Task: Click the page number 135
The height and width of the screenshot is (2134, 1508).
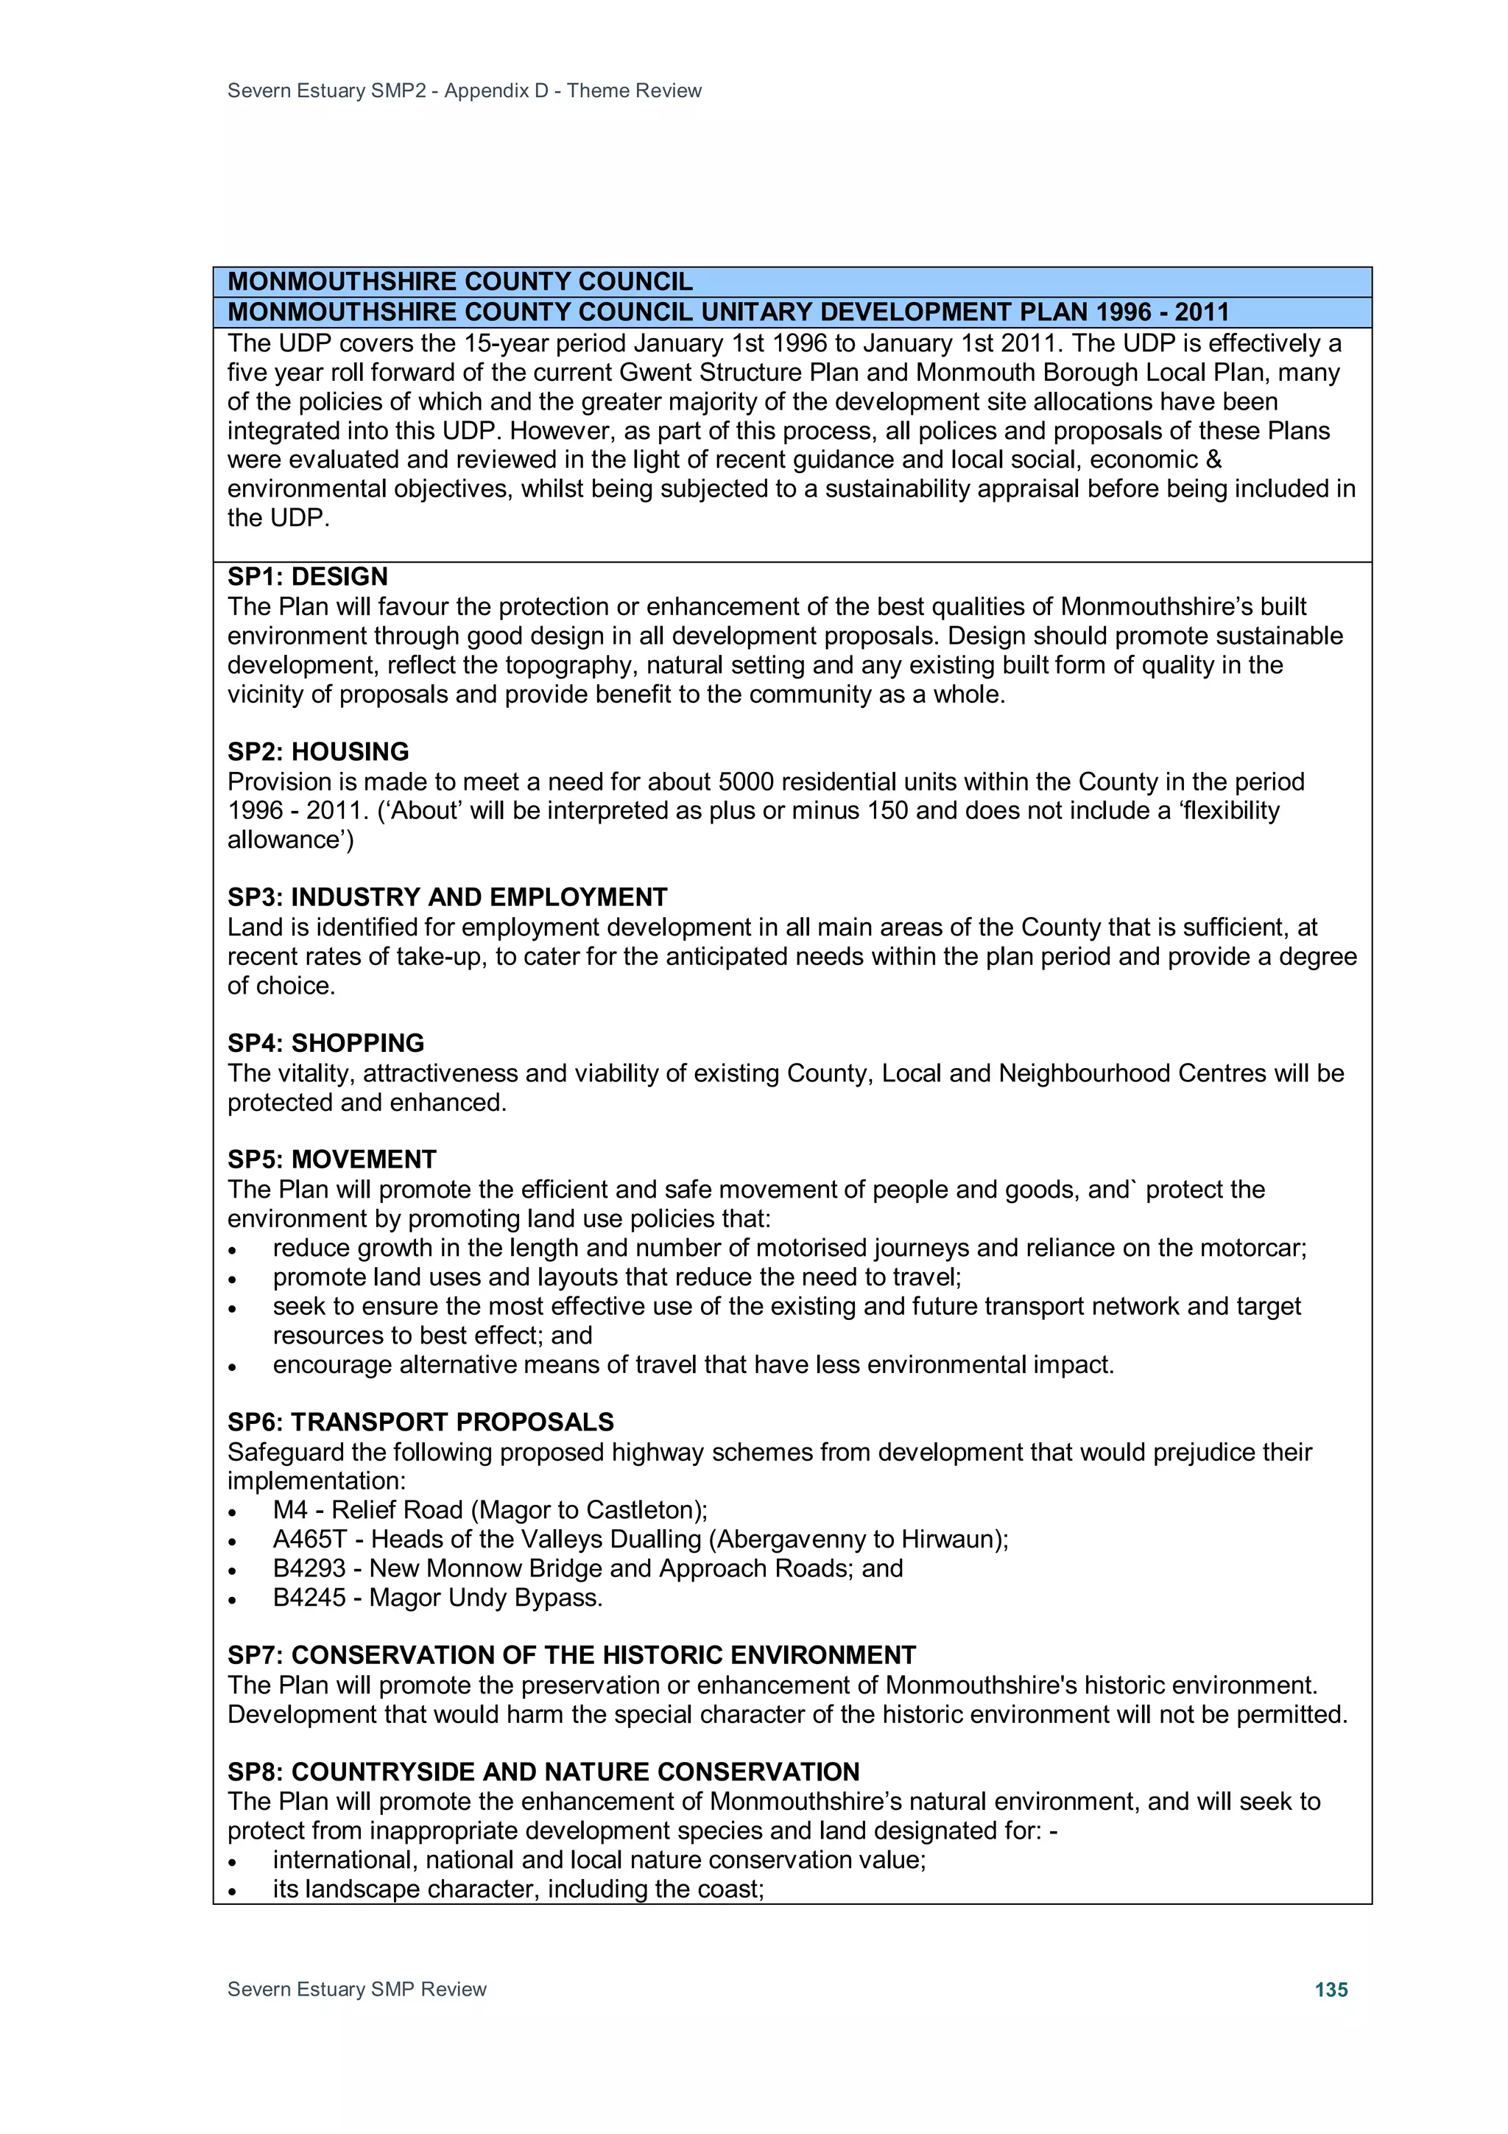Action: (1331, 1989)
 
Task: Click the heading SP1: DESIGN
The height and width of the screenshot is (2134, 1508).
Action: (308, 576)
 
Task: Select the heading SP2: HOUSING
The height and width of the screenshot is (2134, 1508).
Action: (318, 751)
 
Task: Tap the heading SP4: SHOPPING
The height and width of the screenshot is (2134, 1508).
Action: (325, 1043)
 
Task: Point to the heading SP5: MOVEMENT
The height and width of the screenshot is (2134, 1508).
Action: (331, 1159)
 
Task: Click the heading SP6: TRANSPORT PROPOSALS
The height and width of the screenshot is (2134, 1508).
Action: (420, 1422)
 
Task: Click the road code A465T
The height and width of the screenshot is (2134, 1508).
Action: (309, 1539)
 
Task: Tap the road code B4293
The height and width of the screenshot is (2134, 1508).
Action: (309, 1568)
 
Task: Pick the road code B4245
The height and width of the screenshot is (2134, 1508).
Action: (309, 1598)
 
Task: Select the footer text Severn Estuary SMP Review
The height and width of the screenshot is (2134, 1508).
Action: (357, 1989)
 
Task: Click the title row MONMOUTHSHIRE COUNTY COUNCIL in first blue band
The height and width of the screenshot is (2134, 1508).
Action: (460, 281)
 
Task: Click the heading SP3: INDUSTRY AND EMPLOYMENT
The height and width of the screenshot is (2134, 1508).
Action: (447, 897)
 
